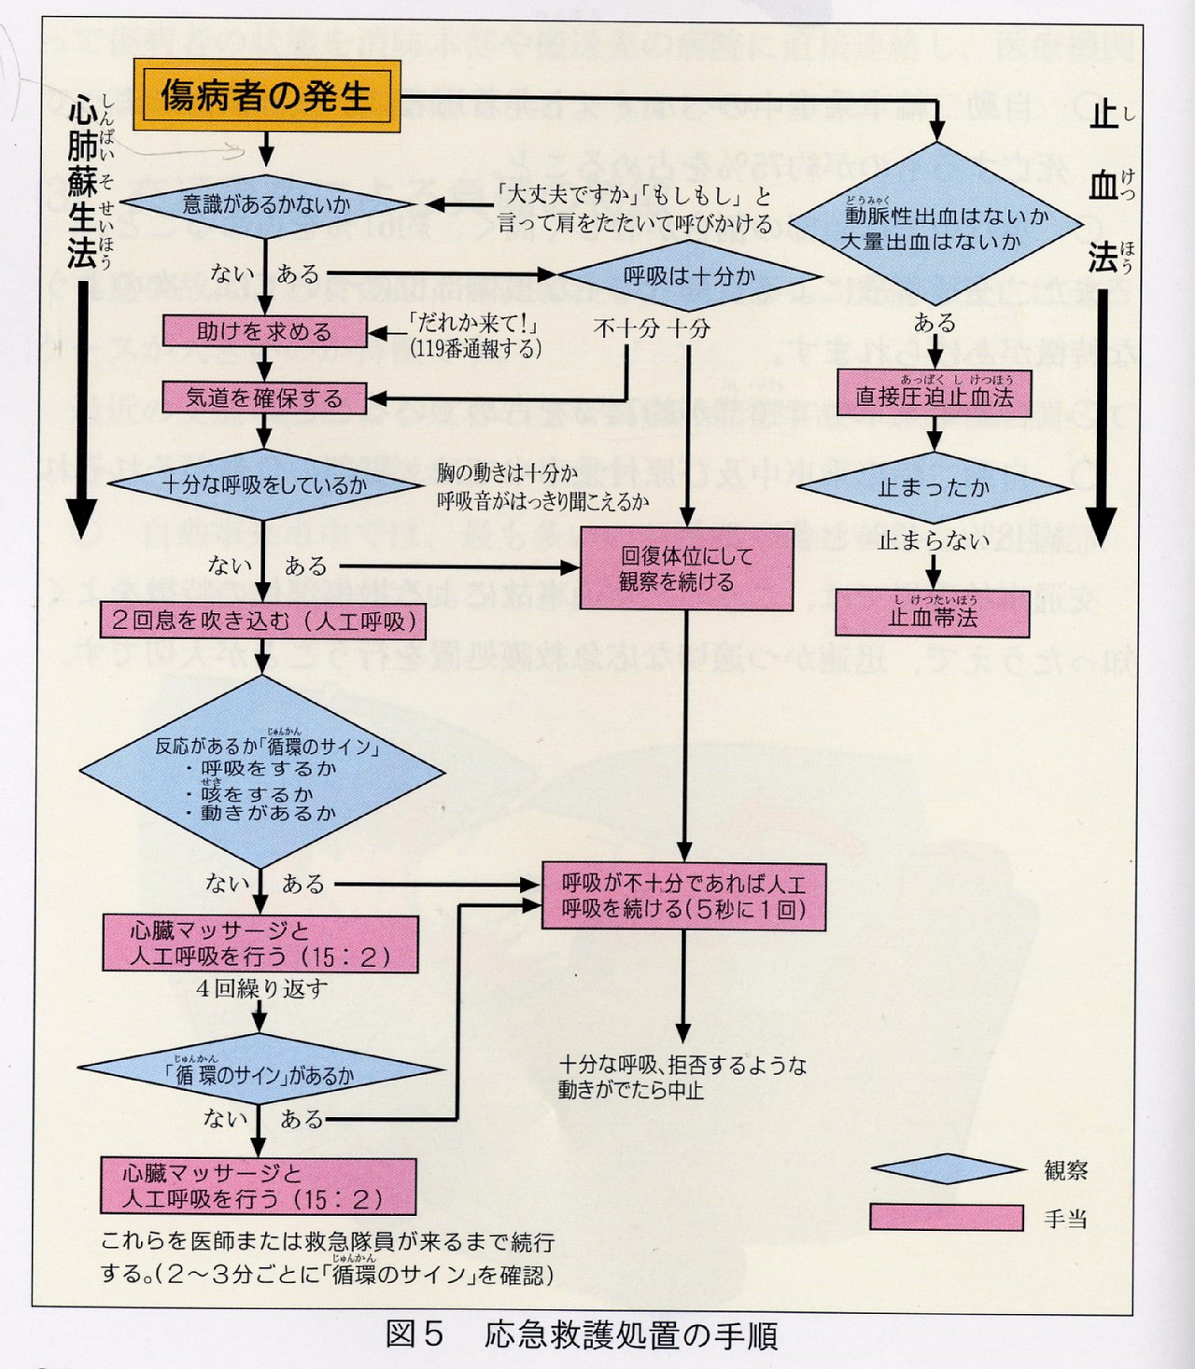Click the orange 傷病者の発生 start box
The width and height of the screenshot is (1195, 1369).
pyautogui.click(x=267, y=95)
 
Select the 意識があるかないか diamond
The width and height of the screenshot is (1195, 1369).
pyautogui.click(x=266, y=204)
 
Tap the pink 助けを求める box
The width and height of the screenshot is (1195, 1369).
pyautogui.click(x=264, y=331)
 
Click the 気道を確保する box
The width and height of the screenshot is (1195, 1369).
pyautogui.click(x=264, y=398)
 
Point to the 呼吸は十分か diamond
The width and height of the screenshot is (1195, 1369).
pyautogui.click(x=689, y=276)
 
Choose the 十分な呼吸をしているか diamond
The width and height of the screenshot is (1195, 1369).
pyautogui.click(x=265, y=485)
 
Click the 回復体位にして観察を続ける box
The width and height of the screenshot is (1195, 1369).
pyautogui.click(x=687, y=568)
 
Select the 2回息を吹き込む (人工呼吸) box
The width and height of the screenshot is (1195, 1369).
pyautogui.click(x=263, y=622)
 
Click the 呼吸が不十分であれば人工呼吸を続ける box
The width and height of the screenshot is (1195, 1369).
pyautogui.click(x=683, y=897)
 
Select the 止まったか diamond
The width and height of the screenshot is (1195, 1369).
pyautogui.click(x=934, y=487)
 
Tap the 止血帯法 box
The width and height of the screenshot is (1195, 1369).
pyautogui.click(x=934, y=614)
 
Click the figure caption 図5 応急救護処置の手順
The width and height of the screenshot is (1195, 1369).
pyautogui.click(x=581, y=1335)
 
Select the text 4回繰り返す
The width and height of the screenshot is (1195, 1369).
pyautogui.click(x=262, y=988)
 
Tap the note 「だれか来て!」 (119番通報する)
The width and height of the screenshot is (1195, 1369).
pyautogui.click(x=475, y=336)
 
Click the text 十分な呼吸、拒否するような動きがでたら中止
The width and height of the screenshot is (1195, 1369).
pyautogui.click(x=682, y=1077)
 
